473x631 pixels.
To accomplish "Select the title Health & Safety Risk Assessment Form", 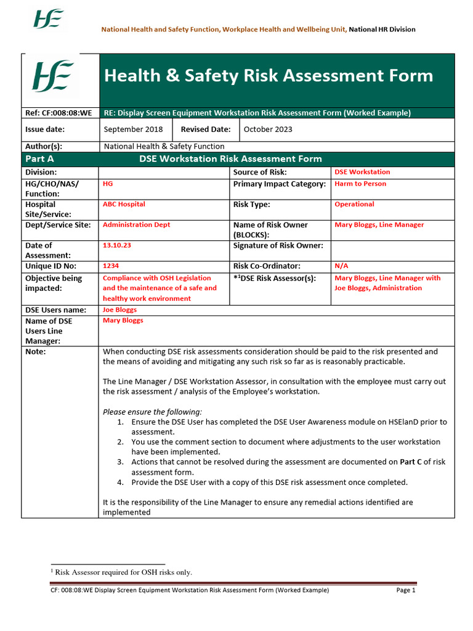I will coord(269,76).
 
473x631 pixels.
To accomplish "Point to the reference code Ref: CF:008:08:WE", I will coord(59,113).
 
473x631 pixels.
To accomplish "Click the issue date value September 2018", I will coord(133,129).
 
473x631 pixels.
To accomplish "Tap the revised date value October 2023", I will coord(268,129).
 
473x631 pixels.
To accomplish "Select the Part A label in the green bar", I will coord(39,159).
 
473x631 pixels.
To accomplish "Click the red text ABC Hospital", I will coord(124,204).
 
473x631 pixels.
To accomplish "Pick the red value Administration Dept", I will coord(136,225).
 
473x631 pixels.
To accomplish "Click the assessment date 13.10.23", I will coord(117,245).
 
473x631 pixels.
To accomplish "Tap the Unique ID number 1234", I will coord(111,266).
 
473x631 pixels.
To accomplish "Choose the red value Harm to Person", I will coord(360,184).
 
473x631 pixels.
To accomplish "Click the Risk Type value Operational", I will coord(354,204).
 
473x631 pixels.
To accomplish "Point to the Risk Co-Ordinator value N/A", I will coord(341,266).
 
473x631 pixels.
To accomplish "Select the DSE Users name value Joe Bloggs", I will coord(119,310).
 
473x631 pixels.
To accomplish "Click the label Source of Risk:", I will coord(260,173).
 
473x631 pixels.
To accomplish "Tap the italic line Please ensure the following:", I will coord(152,412).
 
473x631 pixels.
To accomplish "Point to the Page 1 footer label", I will coord(406,590).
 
